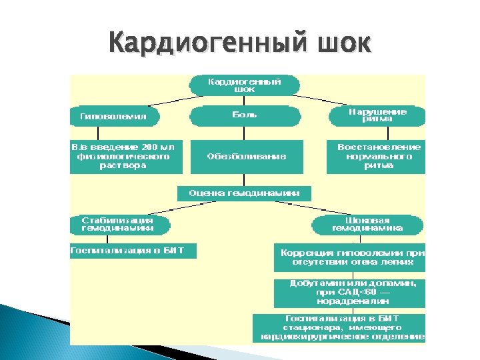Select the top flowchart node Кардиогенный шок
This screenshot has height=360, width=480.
(245, 85)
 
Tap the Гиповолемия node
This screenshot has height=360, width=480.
(115, 116)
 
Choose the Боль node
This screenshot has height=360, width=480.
(245, 116)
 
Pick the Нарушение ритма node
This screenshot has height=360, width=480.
(377, 116)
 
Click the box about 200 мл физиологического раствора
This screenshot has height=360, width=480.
(125, 157)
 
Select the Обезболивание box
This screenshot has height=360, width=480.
(246, 157)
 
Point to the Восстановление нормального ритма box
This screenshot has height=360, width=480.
(376, 157)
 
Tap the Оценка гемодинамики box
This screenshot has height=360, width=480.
(244, 193)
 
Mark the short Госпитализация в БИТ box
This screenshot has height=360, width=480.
(133, 251)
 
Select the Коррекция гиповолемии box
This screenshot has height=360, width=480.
(349, 257)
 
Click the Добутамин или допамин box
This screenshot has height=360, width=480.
(349, 293)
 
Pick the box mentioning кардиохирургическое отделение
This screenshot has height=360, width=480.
(339, 328)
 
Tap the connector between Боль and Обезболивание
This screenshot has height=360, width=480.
(245, 133)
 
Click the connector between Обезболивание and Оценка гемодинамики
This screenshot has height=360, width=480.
(245, 180)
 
